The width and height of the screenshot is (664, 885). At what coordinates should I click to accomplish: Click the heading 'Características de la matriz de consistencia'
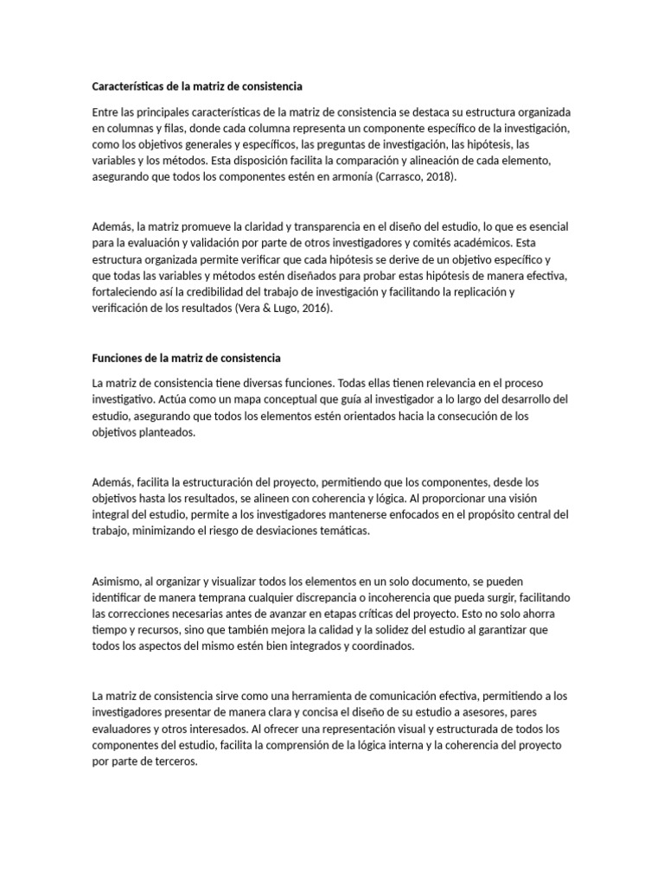point(197,86)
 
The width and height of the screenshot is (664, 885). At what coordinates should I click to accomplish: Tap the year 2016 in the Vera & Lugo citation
point(313,308)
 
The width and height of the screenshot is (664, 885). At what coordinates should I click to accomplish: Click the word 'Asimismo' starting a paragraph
point(116,582)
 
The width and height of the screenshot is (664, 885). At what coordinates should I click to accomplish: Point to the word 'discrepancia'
point(340,598)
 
